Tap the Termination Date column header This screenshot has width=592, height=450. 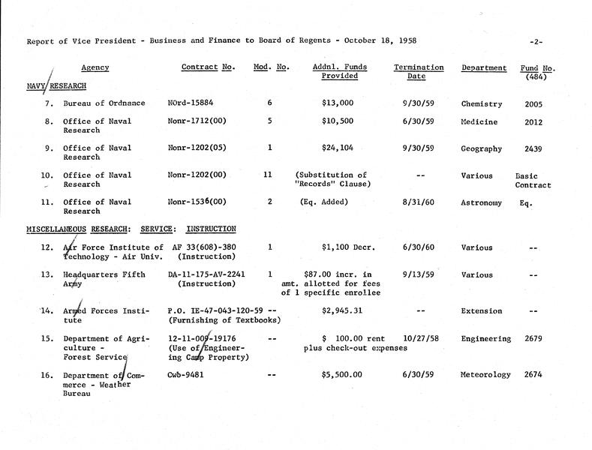pos(418,72)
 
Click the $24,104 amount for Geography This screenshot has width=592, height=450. pos(329,148)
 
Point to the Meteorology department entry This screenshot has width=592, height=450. pos(486,374)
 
